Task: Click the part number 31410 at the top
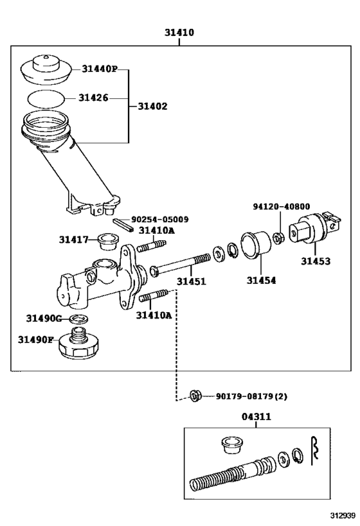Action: click(x=179, y=33)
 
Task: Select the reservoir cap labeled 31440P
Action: click(x=46, y=71)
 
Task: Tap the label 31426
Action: click(x=93, y=98)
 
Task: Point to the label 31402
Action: click(x=152, y=107)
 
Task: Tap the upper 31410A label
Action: click(x=157, y=231)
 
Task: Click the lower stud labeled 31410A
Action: click(x=154, y=295)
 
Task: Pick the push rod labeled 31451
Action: click(x=180, y=265)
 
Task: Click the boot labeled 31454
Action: click(x=256, y=245)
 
